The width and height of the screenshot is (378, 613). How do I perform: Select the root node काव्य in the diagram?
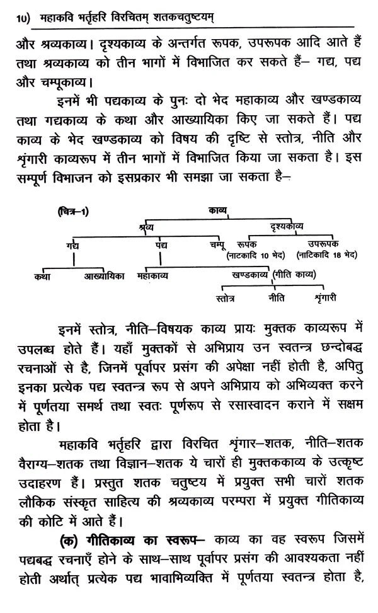(218, 211)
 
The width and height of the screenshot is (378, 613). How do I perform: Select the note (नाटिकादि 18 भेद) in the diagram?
(326, 255)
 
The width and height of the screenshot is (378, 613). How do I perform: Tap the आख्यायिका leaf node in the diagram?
(104, 275)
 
